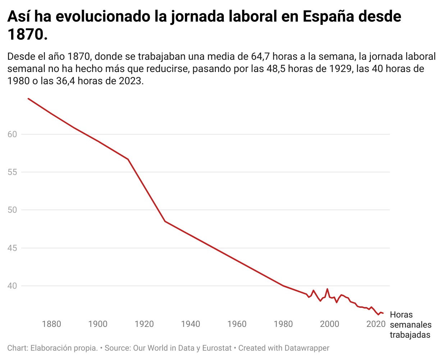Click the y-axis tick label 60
12,134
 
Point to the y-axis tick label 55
12,172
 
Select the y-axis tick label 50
12,210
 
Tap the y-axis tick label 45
12,248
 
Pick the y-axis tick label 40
12,286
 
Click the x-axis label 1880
51,324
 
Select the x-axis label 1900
98,324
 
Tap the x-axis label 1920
144,324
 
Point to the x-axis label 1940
191,324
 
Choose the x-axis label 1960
237,324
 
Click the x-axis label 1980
283,324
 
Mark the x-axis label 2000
330,324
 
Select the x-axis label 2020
376,324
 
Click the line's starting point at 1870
28,98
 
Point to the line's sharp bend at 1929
165,221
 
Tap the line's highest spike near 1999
327,289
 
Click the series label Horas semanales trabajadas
410,325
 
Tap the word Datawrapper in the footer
307,348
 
